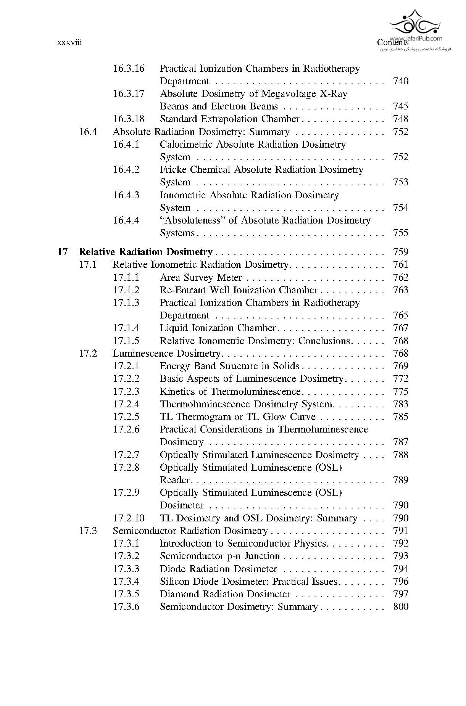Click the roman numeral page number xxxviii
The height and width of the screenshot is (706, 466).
point(69,42)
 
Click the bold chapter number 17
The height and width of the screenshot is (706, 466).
point(63,252)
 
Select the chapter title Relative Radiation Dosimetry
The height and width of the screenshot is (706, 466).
point(145,252)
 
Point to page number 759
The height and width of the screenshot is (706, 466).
point(400,252)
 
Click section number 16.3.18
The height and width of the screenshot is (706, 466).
point(129,119)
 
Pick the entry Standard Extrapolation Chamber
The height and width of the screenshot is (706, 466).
point(229,119)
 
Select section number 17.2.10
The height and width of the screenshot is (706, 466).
point(129,518)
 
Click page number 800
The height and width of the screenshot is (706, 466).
point(400,606)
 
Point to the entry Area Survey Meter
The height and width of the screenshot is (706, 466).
point(201,277)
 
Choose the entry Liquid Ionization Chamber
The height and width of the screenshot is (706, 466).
point(218,328)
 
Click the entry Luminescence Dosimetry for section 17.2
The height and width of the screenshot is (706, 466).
point(166,354)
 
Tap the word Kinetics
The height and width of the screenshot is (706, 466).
point(178,391)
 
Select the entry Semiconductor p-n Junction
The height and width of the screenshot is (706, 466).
point(220,556)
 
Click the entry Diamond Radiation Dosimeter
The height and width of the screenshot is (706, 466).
point(225,594)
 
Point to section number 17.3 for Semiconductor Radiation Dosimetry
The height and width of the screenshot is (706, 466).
point(88,531)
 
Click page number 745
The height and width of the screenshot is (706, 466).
point(400,106)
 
